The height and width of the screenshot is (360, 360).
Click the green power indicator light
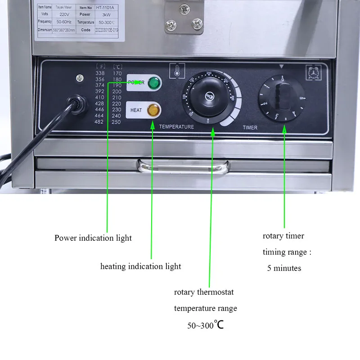pos(153,83)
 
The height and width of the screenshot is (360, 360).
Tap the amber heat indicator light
pos(153,109)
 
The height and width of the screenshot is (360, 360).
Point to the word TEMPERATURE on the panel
pos(176,127)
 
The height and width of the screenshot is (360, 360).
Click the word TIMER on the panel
pos(250,127)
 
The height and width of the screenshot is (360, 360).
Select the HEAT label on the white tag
pos(136,110)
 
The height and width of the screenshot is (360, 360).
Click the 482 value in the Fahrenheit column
pos(99,122)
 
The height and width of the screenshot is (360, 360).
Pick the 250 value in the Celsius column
pos(117,122)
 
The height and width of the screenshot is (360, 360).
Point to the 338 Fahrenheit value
pos(99,73)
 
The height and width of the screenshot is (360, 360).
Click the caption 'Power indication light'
pos(93,238)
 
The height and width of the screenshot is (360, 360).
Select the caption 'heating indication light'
pos(140,266)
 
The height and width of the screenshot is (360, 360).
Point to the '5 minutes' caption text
pos(284,268)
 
